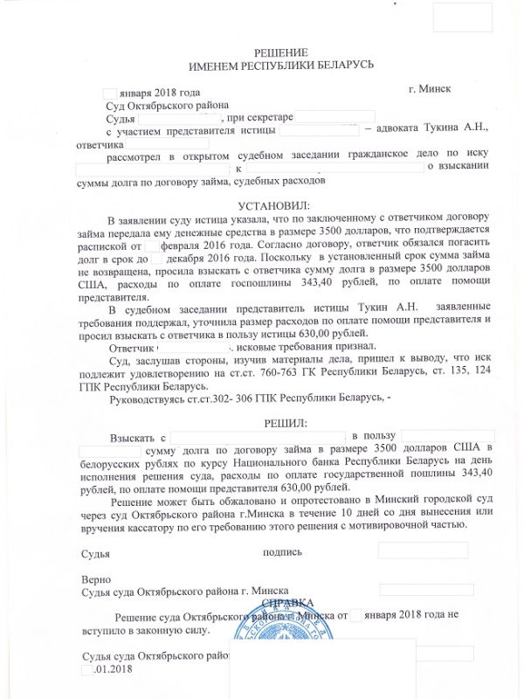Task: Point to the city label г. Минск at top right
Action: [x=429, y=91]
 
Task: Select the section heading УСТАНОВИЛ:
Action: [x=263, y=205]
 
